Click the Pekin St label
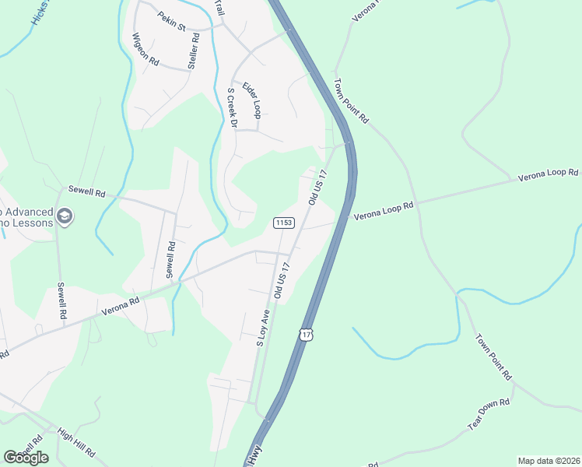pos(171,21)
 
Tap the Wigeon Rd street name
pos(145,49)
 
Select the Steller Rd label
pos(195,54)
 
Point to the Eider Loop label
pos(251,100)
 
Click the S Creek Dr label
pos(231,107)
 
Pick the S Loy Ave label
pos(263,329)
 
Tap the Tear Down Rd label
pos(488,415)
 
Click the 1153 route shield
pos(283,223)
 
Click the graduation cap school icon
pos(65,216)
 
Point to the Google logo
pos(26,458)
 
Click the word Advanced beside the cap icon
pos(30,212)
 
